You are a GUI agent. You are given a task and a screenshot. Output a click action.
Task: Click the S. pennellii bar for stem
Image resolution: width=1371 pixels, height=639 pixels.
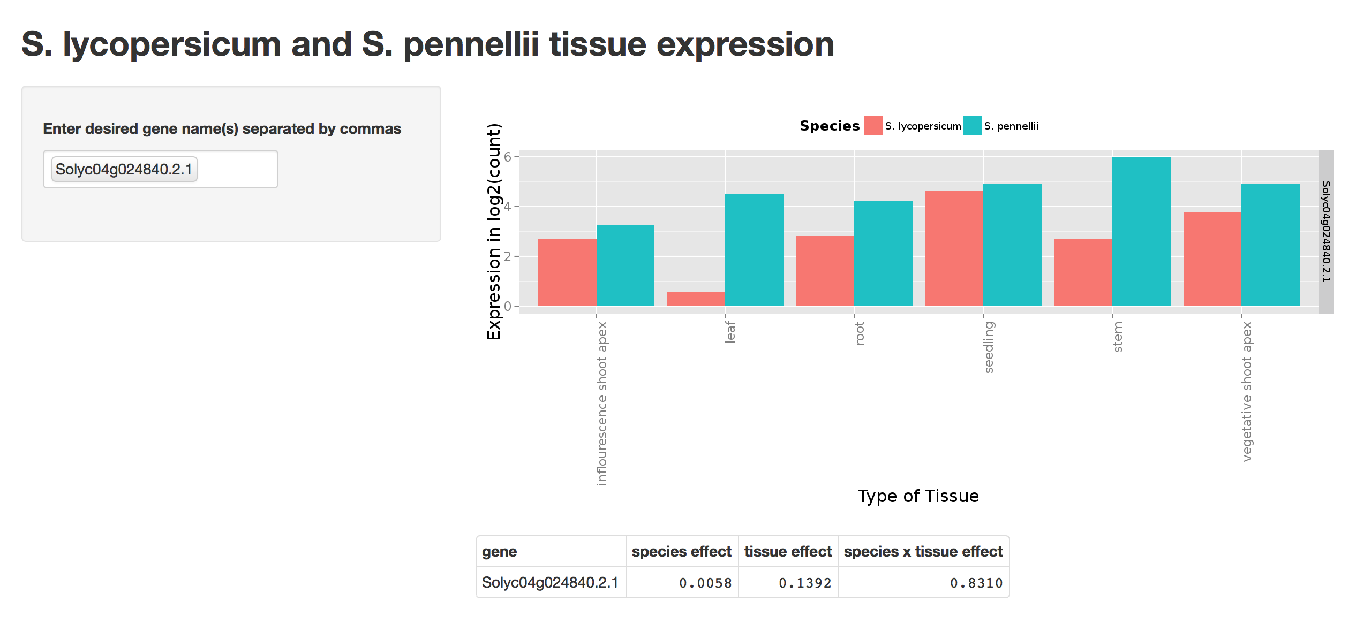point(1141,231)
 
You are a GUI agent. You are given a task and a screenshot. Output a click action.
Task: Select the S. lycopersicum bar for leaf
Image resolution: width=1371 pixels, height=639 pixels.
point(696,299)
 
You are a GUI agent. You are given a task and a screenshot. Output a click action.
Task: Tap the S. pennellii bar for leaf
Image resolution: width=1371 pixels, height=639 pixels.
point(754,250)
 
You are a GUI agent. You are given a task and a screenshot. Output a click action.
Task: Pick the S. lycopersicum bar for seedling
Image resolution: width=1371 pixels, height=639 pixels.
point(954,248)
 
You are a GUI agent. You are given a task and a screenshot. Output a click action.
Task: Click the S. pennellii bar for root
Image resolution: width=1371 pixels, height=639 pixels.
point(883,254)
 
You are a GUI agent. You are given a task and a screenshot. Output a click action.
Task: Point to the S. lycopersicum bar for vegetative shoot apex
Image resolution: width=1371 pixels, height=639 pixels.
point(1212,259)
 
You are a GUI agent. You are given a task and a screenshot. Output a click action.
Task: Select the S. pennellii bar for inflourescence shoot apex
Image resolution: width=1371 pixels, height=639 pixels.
point(625,265)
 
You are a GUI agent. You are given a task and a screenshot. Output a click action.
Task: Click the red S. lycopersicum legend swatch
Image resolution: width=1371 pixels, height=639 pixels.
point(873,126)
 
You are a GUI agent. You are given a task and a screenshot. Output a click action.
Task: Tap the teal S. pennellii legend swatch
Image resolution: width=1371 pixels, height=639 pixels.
point(973,126)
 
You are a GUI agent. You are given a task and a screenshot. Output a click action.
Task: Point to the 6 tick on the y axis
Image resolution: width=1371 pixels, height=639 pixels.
point(508,157)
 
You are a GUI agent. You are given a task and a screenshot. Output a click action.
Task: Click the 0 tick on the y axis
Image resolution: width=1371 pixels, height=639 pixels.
point(508,306)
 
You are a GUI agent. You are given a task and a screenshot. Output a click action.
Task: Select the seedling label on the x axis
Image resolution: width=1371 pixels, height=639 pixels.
point(989,347)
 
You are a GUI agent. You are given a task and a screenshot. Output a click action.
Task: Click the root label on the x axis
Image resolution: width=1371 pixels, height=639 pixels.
point(860,333)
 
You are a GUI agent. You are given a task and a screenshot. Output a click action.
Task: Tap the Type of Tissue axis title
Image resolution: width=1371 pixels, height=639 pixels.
point(918,496)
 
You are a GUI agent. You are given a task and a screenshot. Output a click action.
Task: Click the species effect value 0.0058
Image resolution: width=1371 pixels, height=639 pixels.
point(705,583)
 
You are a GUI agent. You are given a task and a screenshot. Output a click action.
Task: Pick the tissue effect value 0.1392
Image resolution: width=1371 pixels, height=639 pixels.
point(804,583)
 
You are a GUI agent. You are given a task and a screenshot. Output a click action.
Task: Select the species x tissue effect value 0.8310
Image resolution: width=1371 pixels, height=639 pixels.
point(976,583)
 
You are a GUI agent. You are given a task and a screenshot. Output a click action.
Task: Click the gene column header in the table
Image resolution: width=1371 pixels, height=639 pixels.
point(499,552)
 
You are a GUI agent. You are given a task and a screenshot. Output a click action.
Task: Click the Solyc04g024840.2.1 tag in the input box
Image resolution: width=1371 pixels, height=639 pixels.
point(124,169)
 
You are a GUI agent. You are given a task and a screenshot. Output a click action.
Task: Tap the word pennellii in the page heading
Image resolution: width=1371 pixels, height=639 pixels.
point(471,44)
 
